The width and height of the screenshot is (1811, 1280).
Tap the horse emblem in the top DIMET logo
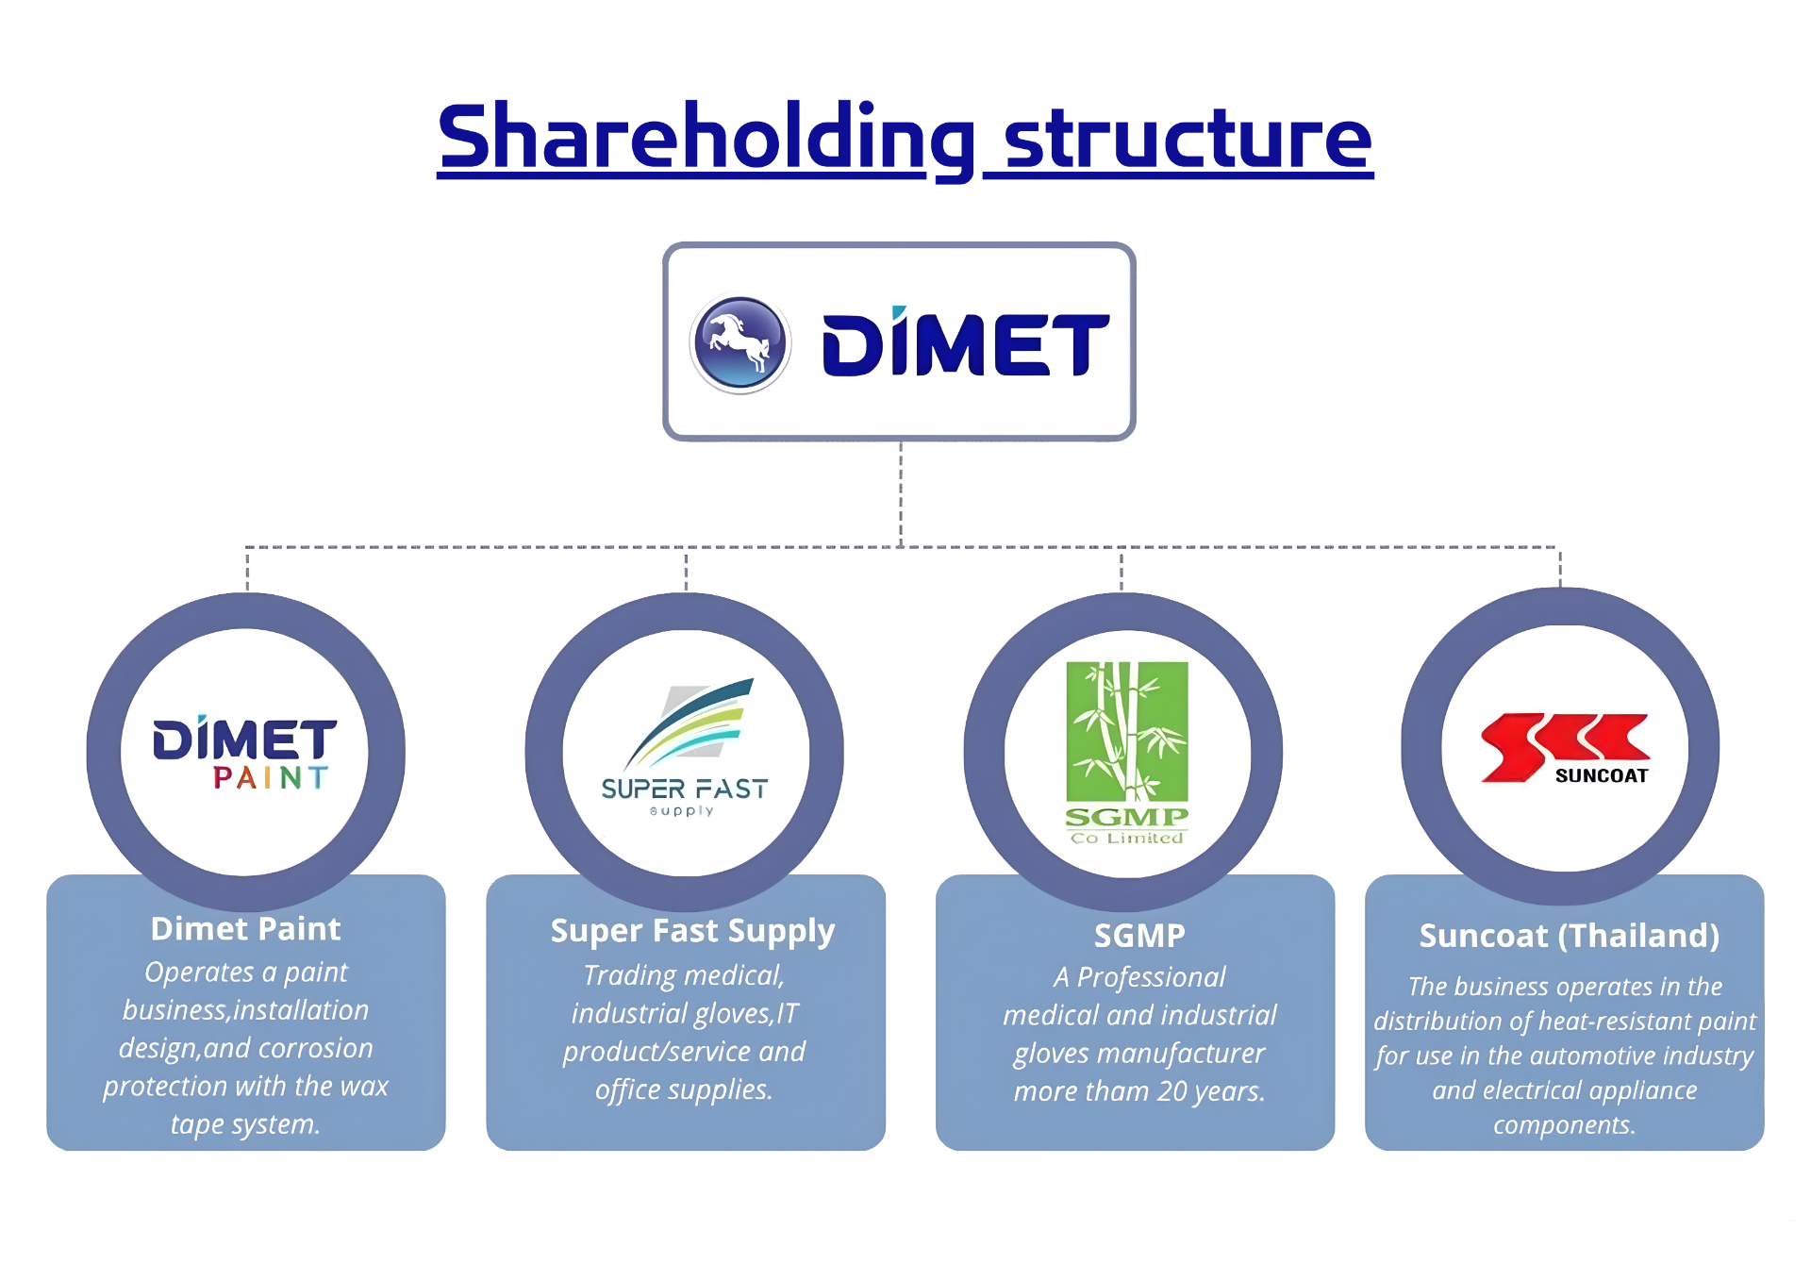(x=740, y=343)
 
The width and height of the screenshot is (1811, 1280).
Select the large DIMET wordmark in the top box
(x=965, y=344)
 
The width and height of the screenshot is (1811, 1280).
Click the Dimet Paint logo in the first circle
(x=244, y=752)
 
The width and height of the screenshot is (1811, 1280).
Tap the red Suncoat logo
(x=1565, y=748)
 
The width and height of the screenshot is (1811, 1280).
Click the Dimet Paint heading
(x=245, y=929)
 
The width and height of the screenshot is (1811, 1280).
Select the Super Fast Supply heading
(x=692, y=931)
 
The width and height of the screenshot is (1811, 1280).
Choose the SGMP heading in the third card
(x=1138, y=936)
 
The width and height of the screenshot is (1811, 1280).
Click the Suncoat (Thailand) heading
(x=1569, y=936)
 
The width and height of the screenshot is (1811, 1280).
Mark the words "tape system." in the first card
(x=245, y=1124)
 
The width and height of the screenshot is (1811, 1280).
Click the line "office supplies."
(x=684, y=1090)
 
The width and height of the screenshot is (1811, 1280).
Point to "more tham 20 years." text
(x=1138, y=1092)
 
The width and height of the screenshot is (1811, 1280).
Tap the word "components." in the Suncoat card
(x=1564, y=1125)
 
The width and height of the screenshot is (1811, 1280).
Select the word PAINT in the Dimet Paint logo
(x=271, y=778)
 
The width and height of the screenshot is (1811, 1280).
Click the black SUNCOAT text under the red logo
(x=1601, y=776)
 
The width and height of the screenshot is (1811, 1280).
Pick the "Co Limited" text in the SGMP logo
(x=1126, y=838)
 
